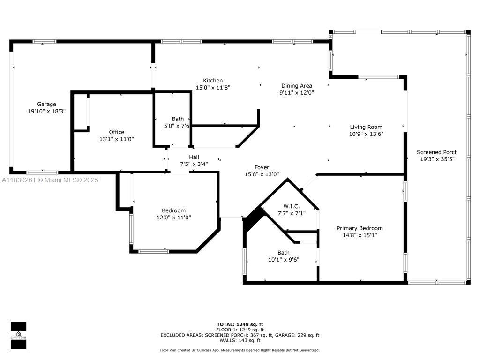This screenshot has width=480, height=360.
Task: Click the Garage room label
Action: (x=46, y=104)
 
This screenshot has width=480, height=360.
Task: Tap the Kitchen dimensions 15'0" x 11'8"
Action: (x=213, y=88)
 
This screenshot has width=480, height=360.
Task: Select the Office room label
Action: (x=117, y=132)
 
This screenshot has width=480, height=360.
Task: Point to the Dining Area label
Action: (x=297, y=86)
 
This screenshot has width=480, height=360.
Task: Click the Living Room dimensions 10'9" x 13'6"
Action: (x=366, y=134)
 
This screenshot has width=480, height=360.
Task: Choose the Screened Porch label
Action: (x=437, y=152)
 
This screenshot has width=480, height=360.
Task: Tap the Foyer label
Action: (x=262, y=167)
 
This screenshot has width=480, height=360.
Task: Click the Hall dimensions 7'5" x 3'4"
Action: (x=194, y=164)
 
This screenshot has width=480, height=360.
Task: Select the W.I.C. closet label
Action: (x=292, y=206)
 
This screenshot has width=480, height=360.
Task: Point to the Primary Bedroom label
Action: (x=360, y=228)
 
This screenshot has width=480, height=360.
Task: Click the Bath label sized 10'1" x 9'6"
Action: (x=284, y=253)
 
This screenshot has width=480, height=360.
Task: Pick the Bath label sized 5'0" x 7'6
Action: (x=178, y=119)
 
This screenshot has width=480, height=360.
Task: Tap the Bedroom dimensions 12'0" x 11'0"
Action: (x=173, y=217)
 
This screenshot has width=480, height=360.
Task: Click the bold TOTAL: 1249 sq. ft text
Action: (x=240, y=324)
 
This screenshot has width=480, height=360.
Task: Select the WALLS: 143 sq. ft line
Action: (x=240, y=340)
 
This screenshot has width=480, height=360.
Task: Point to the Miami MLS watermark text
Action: (x=50, y=180)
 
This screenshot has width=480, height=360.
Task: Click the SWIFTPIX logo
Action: (x=18, y=335)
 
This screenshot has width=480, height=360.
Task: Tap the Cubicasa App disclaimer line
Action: (x=240, y=350)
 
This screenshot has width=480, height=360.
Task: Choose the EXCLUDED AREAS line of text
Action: (x=240, y=335)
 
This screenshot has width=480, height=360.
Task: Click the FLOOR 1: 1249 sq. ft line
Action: (x=240, y=330)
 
